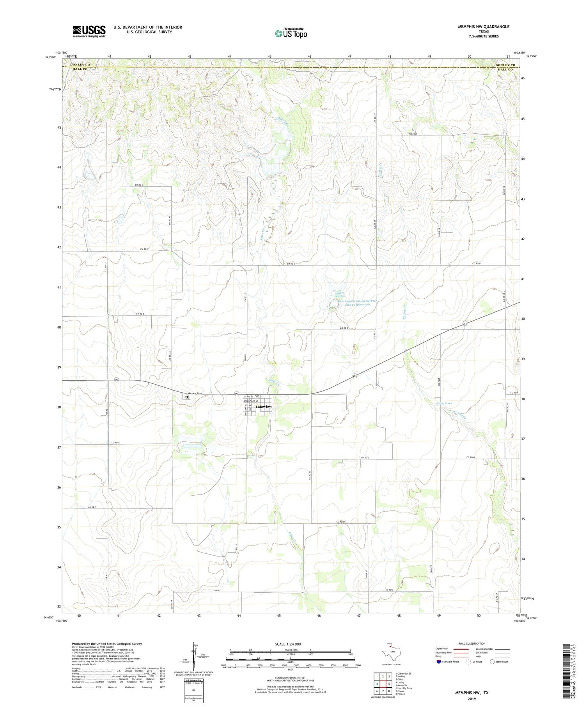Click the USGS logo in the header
pos(89,31)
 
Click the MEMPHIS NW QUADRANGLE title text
pos(483,27)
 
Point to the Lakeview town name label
pos(264,407)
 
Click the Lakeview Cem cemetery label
pos(194,393)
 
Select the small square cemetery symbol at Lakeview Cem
pos(187,397)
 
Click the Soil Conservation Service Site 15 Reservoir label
pos(354,303)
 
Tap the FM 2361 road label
pos(413,134)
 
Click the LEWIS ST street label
pos(248,397)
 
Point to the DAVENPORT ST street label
pos(251,401)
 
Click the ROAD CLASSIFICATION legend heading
pos(472,643)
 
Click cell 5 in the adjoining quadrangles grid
pos(389,684)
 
